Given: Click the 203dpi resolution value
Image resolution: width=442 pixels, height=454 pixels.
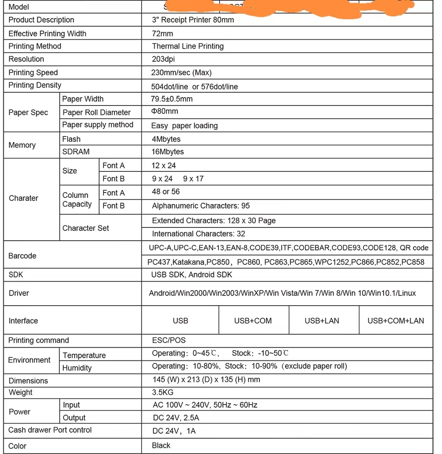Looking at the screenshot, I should point(164,59).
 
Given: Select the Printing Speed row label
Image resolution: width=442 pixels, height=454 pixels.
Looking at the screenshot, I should point(33,72).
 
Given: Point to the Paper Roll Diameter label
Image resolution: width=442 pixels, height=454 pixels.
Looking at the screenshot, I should point(96,112).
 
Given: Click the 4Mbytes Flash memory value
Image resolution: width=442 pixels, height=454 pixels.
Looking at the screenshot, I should point(166,139).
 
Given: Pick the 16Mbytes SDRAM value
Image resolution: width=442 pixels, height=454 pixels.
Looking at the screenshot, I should point(168,151).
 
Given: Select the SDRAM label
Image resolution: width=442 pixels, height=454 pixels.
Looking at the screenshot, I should point(76,151).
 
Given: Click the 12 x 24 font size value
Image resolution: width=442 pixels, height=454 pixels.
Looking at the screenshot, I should point(164,166).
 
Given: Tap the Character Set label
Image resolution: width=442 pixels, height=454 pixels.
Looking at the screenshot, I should point(86,228).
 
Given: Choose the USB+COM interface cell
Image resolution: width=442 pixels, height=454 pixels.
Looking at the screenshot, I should point(253,321).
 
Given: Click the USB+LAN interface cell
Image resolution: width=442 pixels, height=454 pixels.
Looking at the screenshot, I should point(322,321).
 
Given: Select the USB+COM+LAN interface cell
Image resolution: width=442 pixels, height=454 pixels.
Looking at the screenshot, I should point(396,321).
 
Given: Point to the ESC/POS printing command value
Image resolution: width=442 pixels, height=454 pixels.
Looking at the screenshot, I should point(169,340).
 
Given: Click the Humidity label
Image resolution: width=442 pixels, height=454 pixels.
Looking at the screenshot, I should point(77,368).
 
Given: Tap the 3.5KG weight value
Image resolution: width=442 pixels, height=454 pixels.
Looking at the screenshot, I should point(163,392).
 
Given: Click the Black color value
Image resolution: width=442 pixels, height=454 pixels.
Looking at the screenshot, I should point(161,445).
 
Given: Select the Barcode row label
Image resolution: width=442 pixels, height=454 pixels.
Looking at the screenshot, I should point(23,256).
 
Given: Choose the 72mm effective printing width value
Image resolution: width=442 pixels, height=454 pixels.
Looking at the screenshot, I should point(162,34).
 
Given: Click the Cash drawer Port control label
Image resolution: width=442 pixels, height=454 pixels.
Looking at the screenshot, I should point(50,430).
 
